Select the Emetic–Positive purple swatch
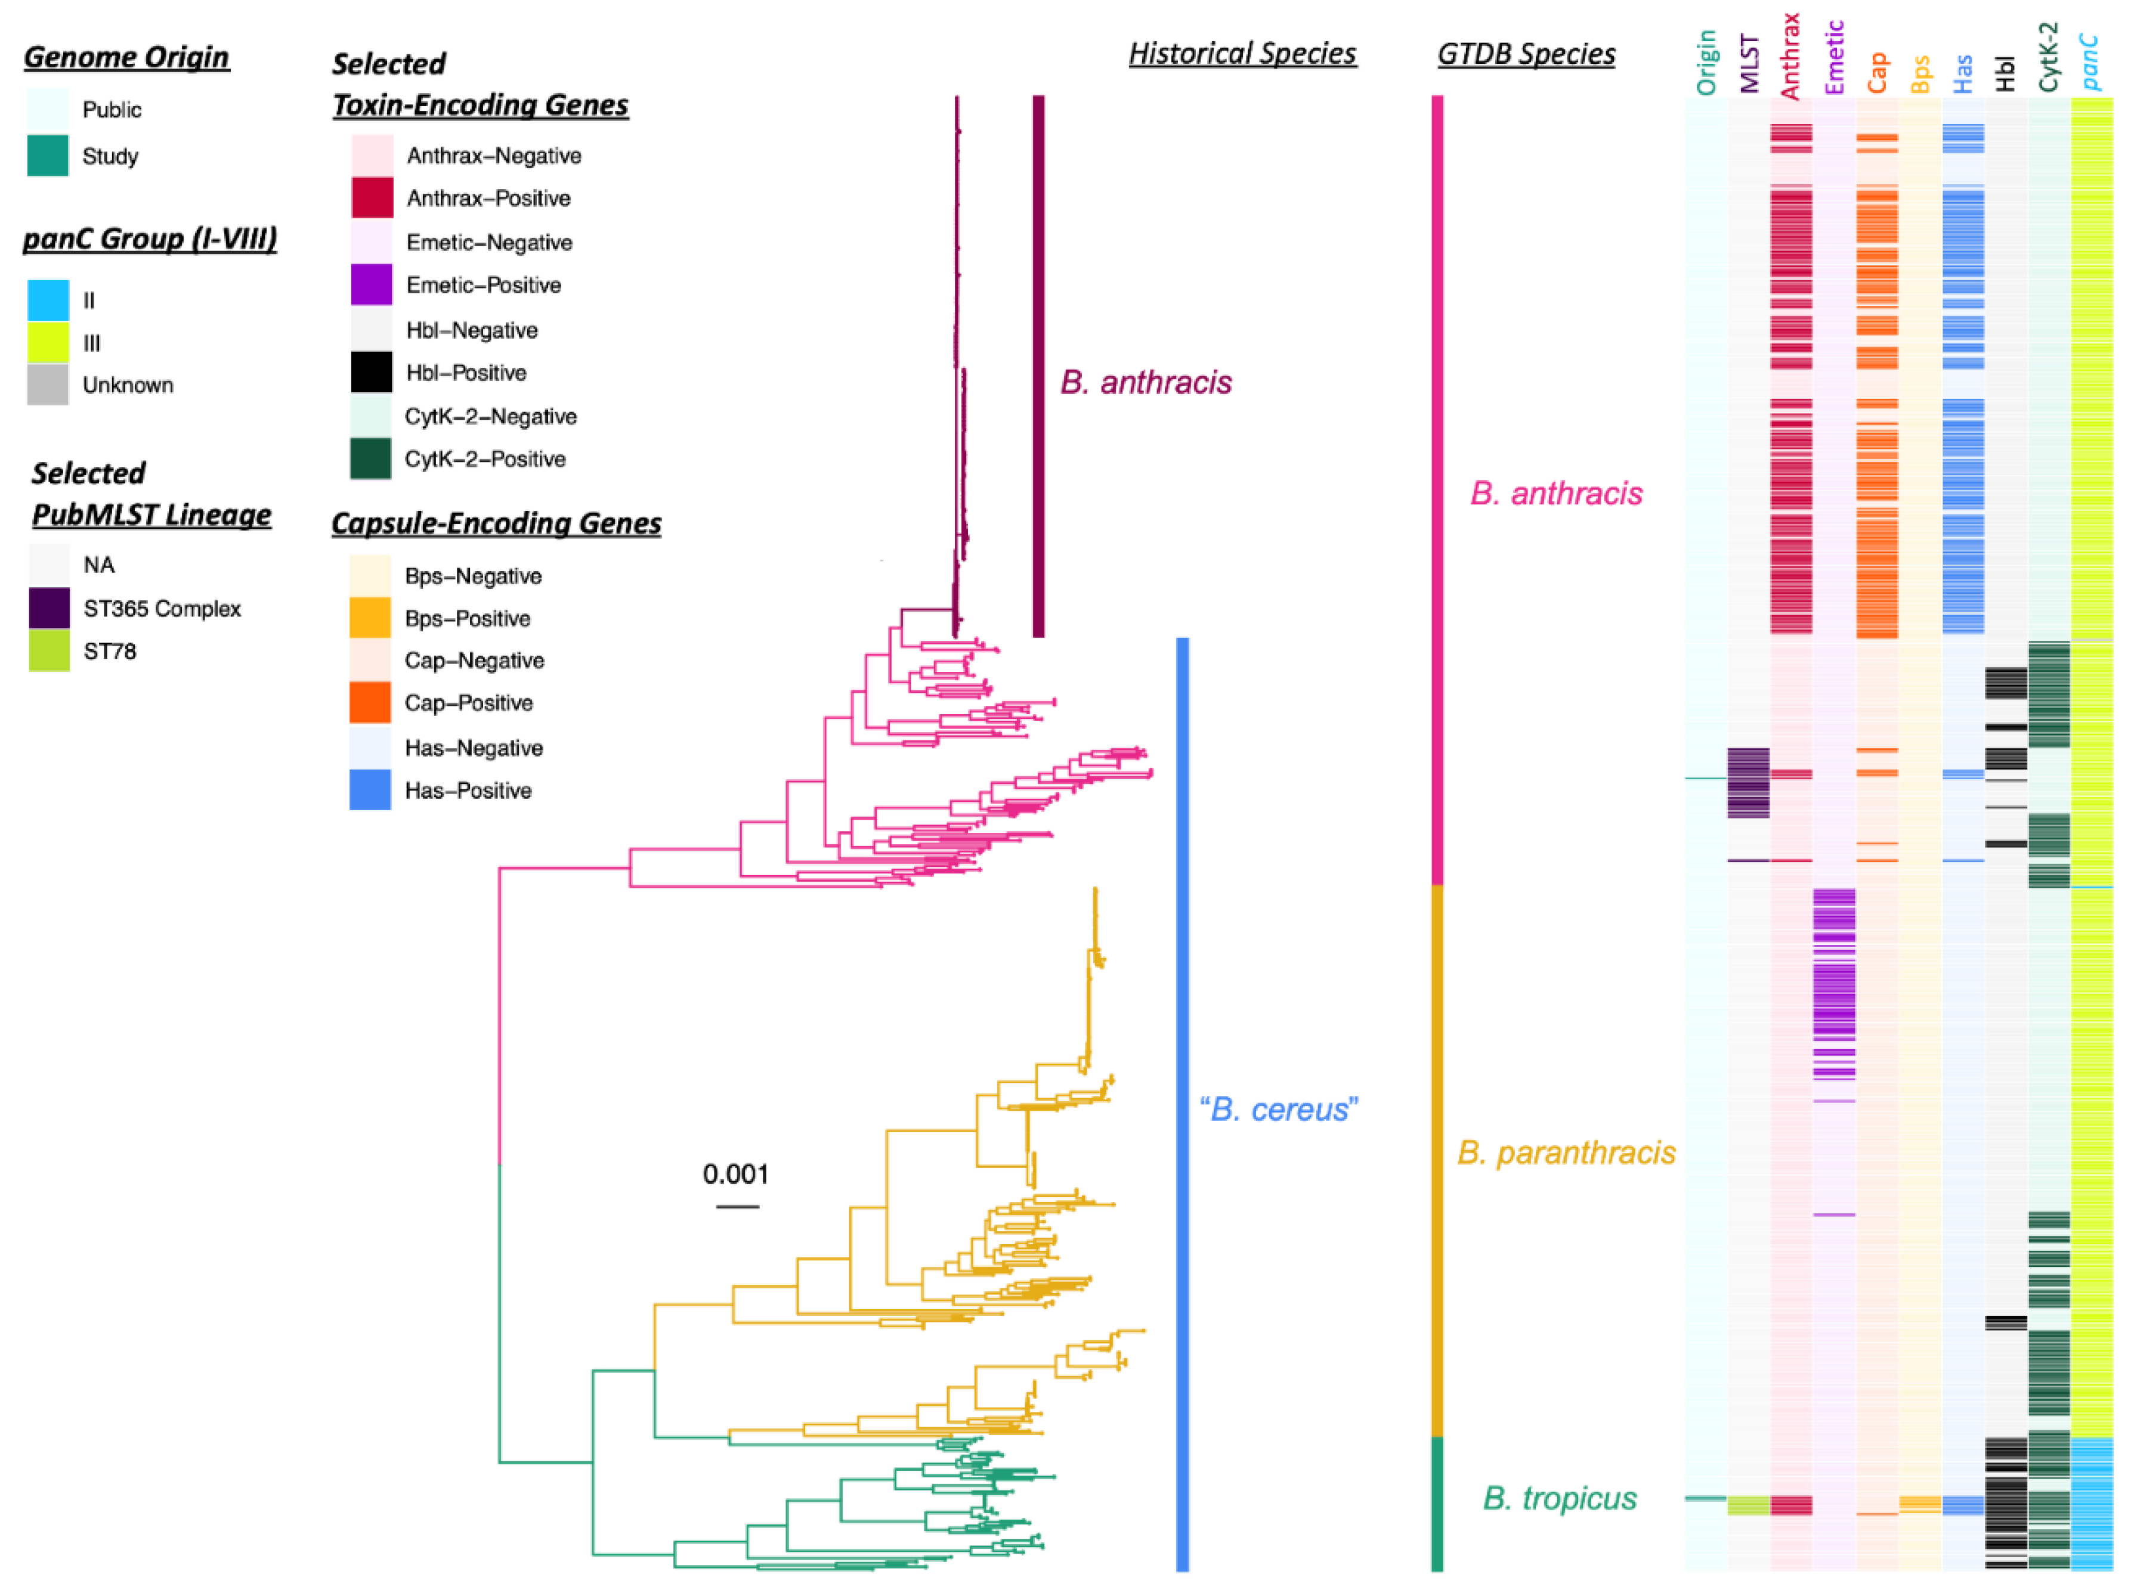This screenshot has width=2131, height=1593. [372, 285]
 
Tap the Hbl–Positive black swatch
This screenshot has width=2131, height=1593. [372, 373]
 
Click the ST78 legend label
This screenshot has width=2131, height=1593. [110, 651]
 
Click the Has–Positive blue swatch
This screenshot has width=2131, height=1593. [370, 790]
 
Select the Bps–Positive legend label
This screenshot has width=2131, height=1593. [467, 618]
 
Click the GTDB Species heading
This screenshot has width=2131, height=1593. [1526, 54]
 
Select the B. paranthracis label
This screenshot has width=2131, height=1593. [1566, 1152]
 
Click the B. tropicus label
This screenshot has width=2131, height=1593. [1559, 1498]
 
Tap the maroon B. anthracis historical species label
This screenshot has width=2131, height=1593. [1146, 382]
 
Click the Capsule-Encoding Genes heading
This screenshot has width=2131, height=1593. [496, 523]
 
